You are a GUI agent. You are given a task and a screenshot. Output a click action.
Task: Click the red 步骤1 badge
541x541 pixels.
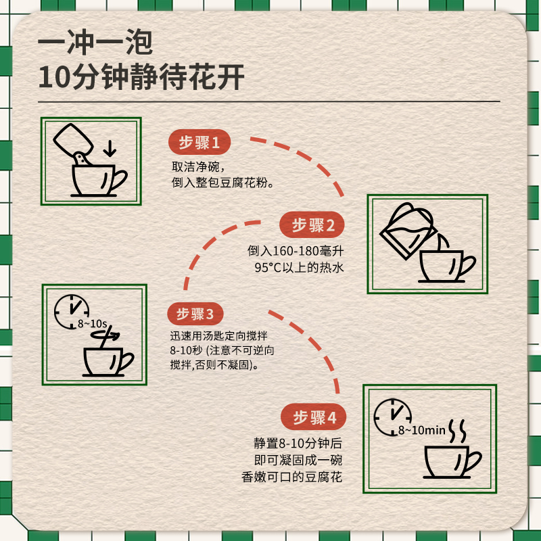point(199,143)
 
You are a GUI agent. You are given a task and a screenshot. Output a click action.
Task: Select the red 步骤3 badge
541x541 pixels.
point(195,314)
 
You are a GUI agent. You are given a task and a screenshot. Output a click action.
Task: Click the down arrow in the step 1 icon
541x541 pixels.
point(108,147)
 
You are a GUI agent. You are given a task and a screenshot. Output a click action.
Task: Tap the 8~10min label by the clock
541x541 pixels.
point(421,429)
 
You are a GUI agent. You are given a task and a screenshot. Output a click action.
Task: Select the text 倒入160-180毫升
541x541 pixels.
point(296,251)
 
